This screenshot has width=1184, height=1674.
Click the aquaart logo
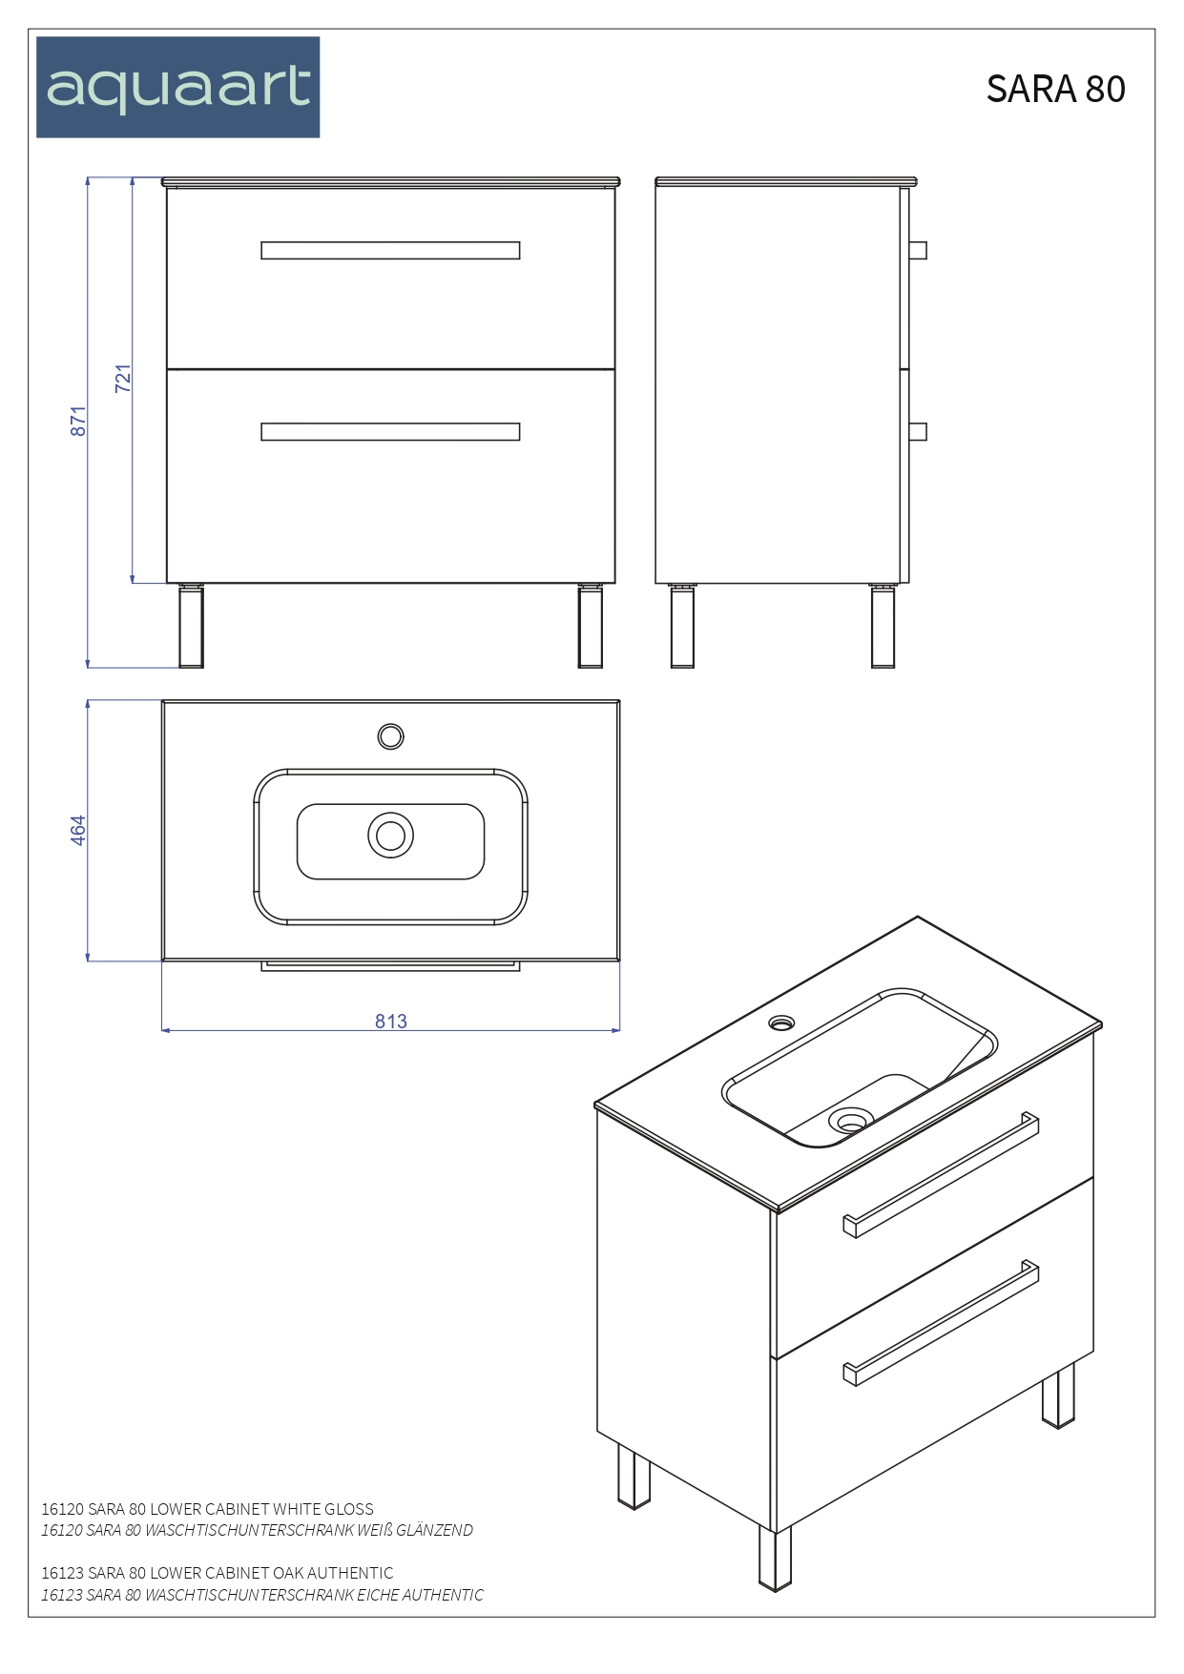click(178, 88)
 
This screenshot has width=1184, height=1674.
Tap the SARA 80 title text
click(1055, 89)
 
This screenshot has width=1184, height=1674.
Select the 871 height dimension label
click(78, 421)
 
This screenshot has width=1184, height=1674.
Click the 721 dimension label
click(123, 378)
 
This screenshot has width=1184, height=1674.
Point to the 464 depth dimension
click(78, 830)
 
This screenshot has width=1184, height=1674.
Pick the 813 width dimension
click(391, 1022)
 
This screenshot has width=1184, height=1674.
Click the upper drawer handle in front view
click(390, 250)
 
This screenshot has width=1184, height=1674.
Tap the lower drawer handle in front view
click(390, 432)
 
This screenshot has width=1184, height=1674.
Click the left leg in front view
click(192, 627)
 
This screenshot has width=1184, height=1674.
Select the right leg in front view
click(591, 627)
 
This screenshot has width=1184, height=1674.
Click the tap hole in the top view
click(390, 736)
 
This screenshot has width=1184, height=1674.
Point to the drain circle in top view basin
click(390, 836)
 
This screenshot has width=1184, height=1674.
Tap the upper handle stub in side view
click(918, 250)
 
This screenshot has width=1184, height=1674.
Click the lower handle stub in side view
click(918, 432)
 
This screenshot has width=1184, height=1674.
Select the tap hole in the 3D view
click(781, 1023)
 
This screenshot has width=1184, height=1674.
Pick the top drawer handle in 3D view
click(941, 1174)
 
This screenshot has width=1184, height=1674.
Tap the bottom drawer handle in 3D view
click(941, 1323)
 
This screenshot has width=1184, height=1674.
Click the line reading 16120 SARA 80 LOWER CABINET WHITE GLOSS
click(207, 1509)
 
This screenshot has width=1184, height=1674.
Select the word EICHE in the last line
click(378, 1595)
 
